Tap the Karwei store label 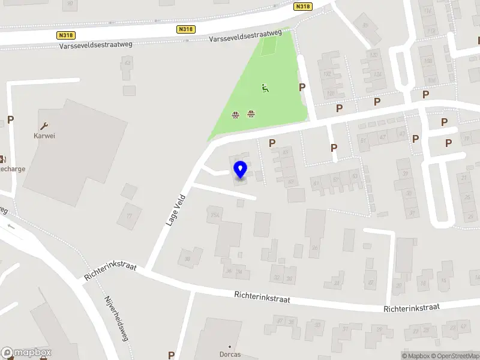(44, 136)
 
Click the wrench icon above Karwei (44, 126)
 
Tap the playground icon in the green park (265, 88)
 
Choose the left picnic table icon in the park (236, 114)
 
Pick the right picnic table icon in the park (251, 113)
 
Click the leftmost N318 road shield (66, 35)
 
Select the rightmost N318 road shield (303, 7)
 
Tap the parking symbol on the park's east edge (302, 87)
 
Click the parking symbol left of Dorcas (172, 355)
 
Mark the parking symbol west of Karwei (10, 119)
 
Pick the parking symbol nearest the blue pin (272, 143)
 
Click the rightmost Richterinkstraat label (412, 307)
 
